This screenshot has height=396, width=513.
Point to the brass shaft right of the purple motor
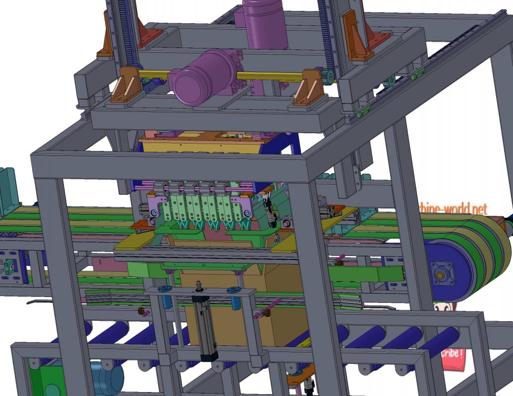(268, 76)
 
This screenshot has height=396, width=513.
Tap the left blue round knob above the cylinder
(165, 290)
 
